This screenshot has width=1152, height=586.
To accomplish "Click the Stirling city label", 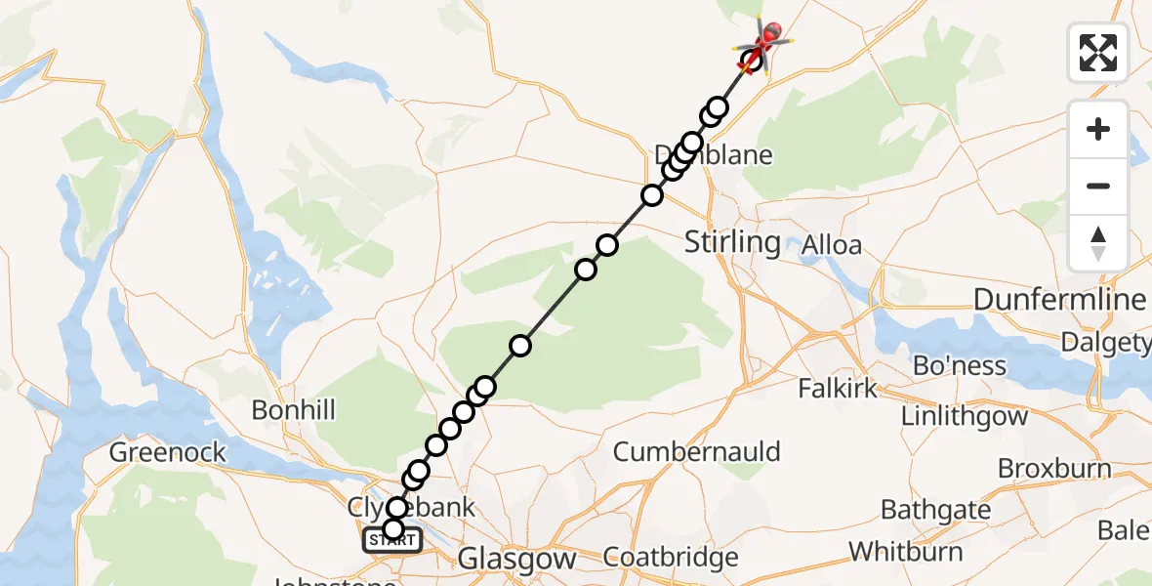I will click(732, 241).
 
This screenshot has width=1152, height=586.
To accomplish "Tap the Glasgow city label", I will click(516, 560).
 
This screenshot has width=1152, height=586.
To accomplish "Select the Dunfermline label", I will click(1059, 300).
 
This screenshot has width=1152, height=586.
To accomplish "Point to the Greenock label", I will click(168, 452).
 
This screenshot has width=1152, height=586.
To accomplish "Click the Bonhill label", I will click(293, 409).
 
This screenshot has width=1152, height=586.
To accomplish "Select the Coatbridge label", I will click(671, 559).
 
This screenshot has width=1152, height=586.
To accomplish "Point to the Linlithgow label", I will click(964, 416).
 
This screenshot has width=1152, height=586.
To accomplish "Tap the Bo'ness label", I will click(960, 365).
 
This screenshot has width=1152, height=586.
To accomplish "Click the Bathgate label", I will click(935, 510).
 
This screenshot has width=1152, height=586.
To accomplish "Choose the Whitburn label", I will click(905, 551).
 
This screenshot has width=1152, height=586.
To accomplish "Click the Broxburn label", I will click(1054, 469).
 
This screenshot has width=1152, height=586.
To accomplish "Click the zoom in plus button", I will click(1098, 129).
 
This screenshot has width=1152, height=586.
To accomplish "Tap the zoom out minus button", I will click(1098, 186).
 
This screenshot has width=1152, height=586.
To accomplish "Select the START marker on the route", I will click(392, 540).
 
